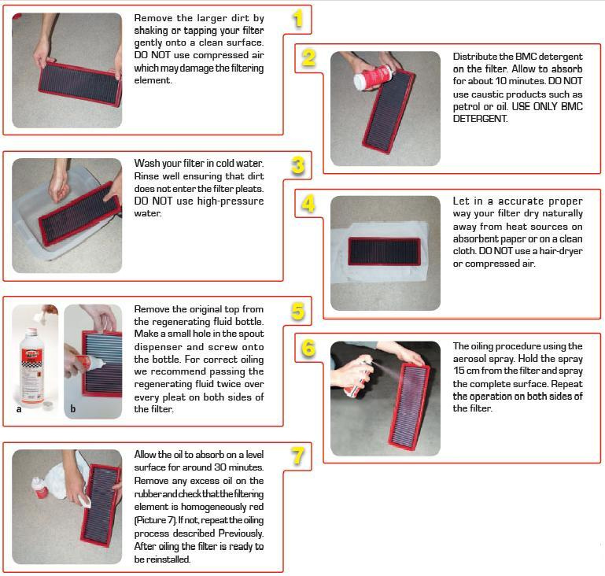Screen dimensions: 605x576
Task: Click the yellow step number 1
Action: point(297,19)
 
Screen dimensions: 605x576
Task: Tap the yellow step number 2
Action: point(308,58)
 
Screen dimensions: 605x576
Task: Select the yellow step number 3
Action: point(298,165)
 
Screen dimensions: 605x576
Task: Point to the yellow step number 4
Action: point(308,204)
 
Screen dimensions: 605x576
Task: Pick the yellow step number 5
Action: point(298,311)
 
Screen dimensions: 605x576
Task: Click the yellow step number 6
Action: point(308,349)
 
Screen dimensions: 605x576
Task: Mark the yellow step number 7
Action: point(298,456)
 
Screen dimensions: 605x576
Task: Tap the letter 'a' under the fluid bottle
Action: point(19,409)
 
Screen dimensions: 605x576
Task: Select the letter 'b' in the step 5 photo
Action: point(72,408)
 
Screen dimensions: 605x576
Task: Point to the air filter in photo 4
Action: point(384,251)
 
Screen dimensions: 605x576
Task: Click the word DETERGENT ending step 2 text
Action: point(480,119)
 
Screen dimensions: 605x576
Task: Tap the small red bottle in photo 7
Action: point(40,488)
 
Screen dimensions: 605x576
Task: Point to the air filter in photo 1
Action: point(80,83)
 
